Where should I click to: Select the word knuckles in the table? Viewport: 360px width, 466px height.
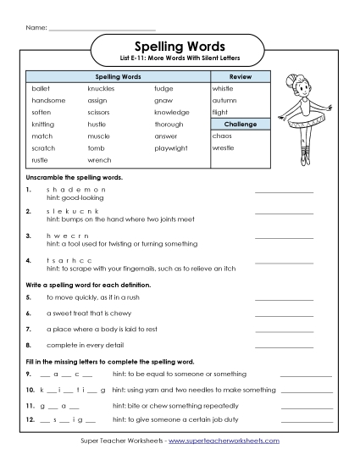101,88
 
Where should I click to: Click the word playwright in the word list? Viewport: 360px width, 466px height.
172,147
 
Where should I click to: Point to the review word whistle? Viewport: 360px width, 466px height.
223,88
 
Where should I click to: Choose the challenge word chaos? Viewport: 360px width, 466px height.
222,136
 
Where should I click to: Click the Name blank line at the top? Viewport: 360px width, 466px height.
102,29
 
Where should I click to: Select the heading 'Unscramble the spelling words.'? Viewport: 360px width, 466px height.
75,178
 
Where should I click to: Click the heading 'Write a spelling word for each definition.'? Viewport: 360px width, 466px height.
90,285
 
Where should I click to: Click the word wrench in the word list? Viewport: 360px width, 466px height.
100,159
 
